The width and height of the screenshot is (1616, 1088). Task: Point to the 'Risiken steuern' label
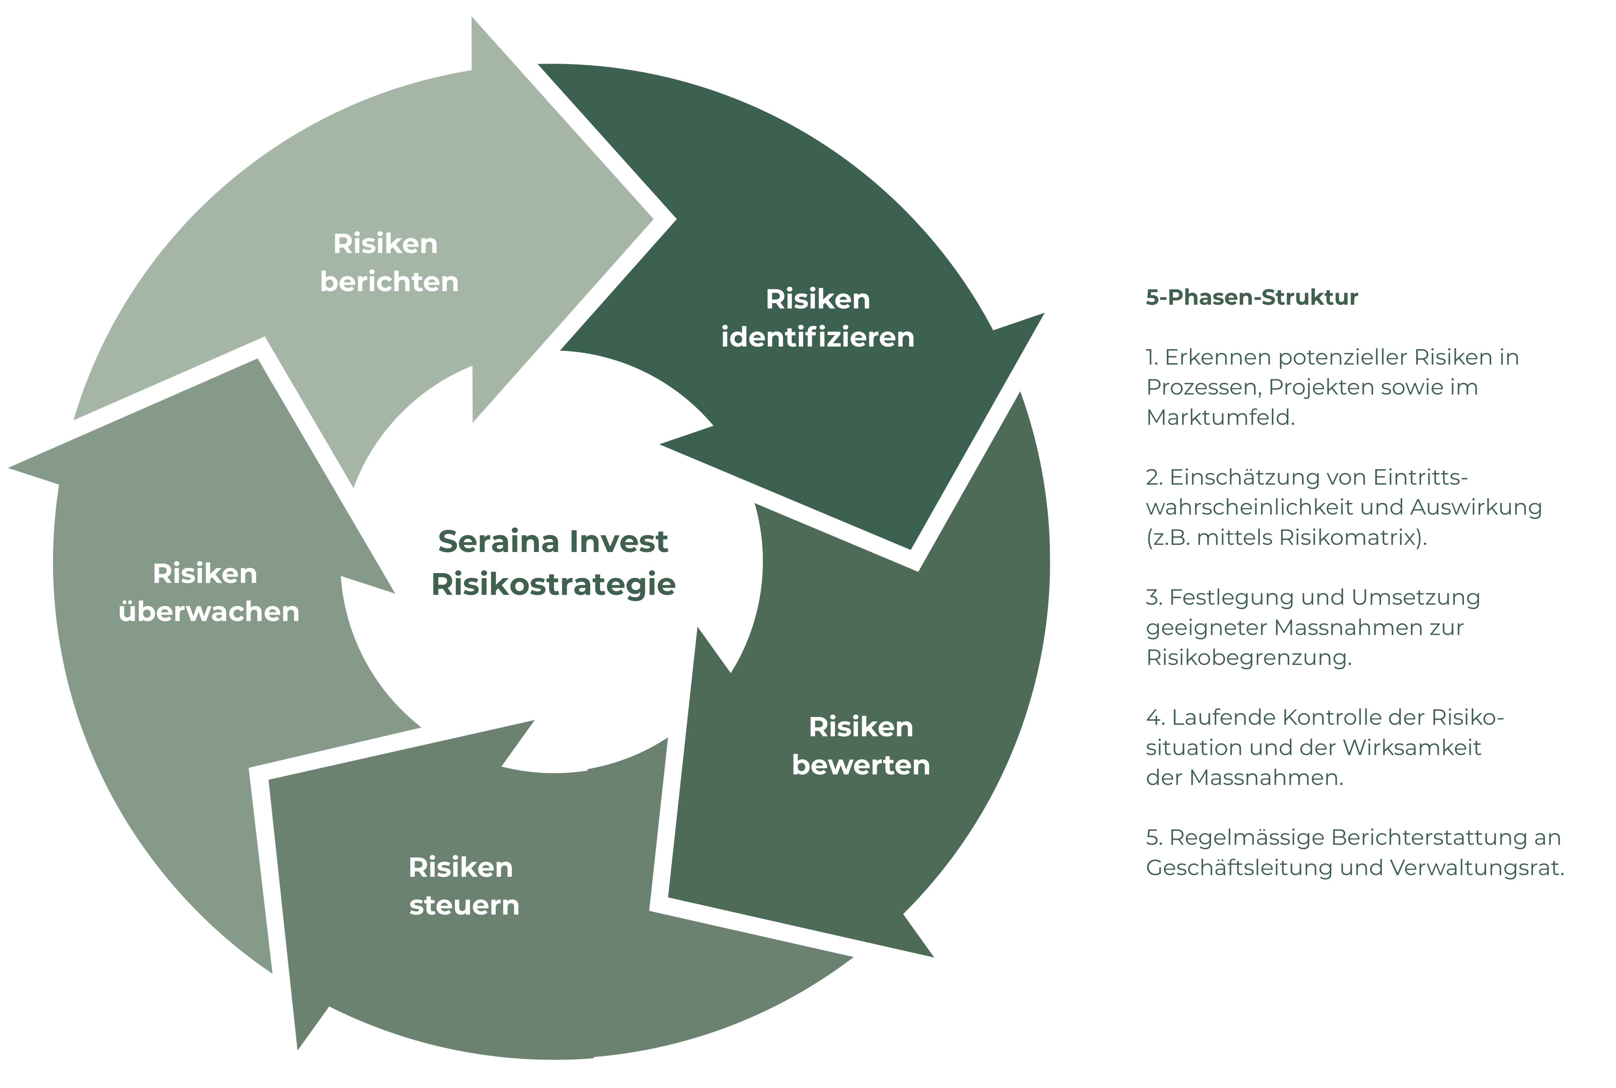tap(463, 886)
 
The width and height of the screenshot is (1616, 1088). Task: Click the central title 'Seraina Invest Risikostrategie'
tap(553, 563)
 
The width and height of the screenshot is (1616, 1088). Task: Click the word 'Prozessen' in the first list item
tap(1203, 387)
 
